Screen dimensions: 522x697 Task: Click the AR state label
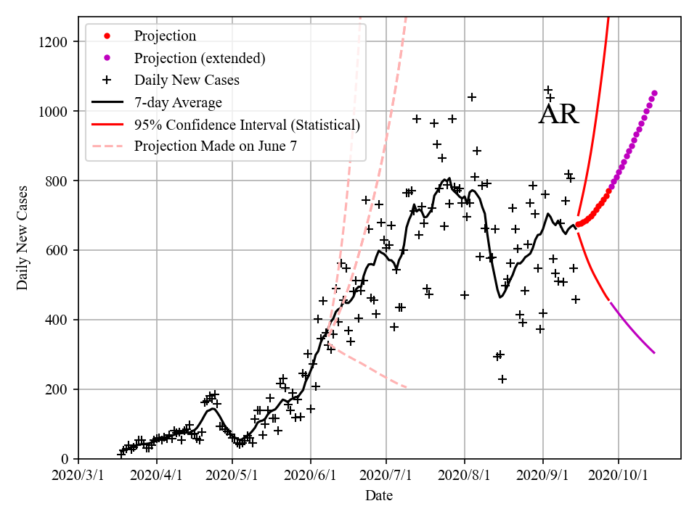pyautogui.click(x=558, y=115)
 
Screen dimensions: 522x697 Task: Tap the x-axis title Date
pyautogui.click(x=379, y=496)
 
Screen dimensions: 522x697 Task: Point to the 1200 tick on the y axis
pyautogui.click(x=57, y=42)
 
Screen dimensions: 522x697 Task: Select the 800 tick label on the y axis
pyautogui.click(x=61, y=181)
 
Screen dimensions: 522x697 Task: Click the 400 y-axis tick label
pyautogui.click(x=61, y=320)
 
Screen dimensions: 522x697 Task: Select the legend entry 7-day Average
pyautogui.click(x=178, y=102)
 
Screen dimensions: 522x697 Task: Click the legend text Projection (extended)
pyautogui.click(x=200, y=57)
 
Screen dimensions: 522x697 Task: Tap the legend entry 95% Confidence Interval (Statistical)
pyautogui.click(x=247, y=125)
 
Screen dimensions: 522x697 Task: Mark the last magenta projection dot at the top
pyautogui.click(x=654, y=93)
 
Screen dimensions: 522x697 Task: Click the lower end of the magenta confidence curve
pyautogui.click(x=654, y=353)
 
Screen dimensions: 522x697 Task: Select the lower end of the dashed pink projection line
pyautogui.click(x=406, y=387)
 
